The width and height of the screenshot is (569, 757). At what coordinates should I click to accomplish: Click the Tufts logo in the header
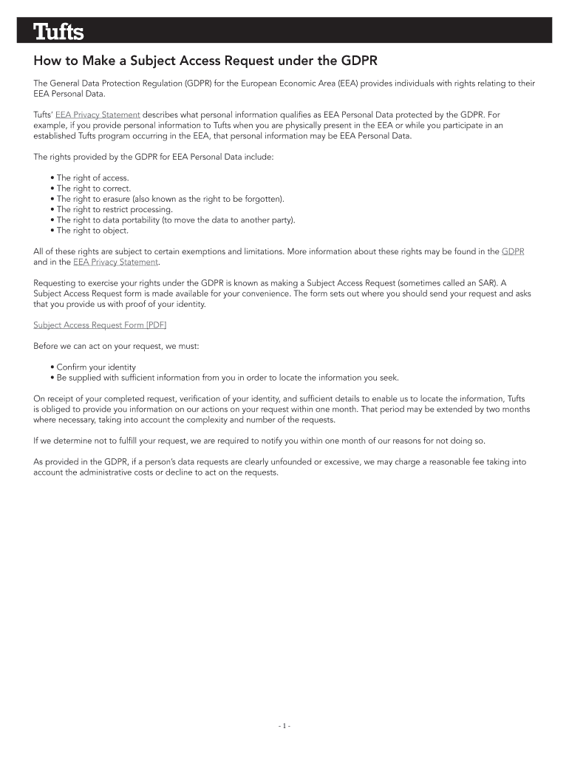pos(58,33)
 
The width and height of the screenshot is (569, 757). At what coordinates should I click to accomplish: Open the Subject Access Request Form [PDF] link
pos(95,325)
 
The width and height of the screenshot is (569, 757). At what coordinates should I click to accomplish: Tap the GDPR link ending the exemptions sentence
pos(513,251)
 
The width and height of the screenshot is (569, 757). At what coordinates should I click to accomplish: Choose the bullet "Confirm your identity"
pos(96,367)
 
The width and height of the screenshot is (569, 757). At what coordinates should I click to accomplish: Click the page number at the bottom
pos(284,726)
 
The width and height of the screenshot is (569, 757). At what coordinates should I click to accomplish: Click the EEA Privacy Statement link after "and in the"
pos(115,262)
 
